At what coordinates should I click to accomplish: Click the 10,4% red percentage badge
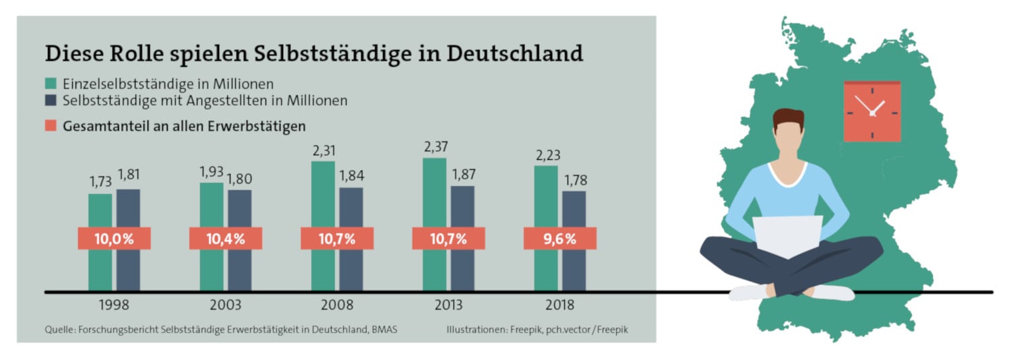pyautogui.click(x=225, y=239)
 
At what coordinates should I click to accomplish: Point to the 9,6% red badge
pyautogui.click(x=559, y=239)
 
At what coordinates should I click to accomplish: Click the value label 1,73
pyautogui.click(x=100, y=183)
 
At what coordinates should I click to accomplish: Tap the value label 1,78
pyautogui.click(x=574, y=180)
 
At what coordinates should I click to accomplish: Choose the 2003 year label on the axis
pyautogui.click(x=225, y=305)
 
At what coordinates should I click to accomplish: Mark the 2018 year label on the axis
pyautogui.click(x=559, y=305)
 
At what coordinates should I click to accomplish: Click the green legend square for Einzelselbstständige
pyautogui.click(x=51, y=84)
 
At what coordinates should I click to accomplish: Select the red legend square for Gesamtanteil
pyautogui.click(x=51, y=126)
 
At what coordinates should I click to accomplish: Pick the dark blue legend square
pyautogui.click(x=51, y=101)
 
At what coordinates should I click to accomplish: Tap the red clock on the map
pyautogui.click(x=872, y=112)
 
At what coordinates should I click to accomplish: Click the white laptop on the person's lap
pyautogui.click(x=787, y=236)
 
